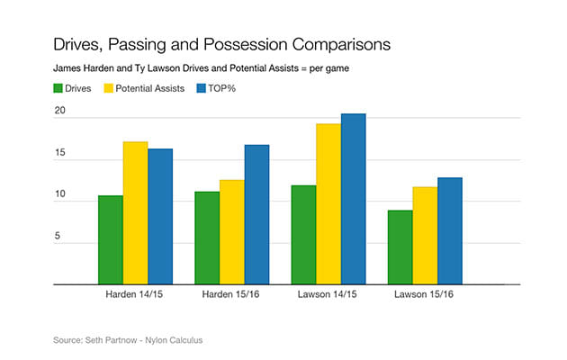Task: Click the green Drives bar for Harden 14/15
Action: point(111,239)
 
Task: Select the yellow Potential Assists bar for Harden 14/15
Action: point(135,212)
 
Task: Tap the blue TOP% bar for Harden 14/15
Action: point(160,216)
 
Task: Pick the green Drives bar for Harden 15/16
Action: point(207,238)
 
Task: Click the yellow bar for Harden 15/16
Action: point(231,232)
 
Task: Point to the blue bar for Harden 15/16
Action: point(256,214)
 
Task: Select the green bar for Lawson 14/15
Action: point(303,235)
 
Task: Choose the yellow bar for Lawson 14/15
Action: point(328,203)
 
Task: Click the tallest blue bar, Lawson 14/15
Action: point(353,199)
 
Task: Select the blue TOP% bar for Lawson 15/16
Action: point(449,230)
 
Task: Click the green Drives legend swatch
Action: point(58,88)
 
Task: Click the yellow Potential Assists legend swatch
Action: point(112,88)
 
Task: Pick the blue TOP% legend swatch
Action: point(202,88)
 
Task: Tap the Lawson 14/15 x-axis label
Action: point(328,294)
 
